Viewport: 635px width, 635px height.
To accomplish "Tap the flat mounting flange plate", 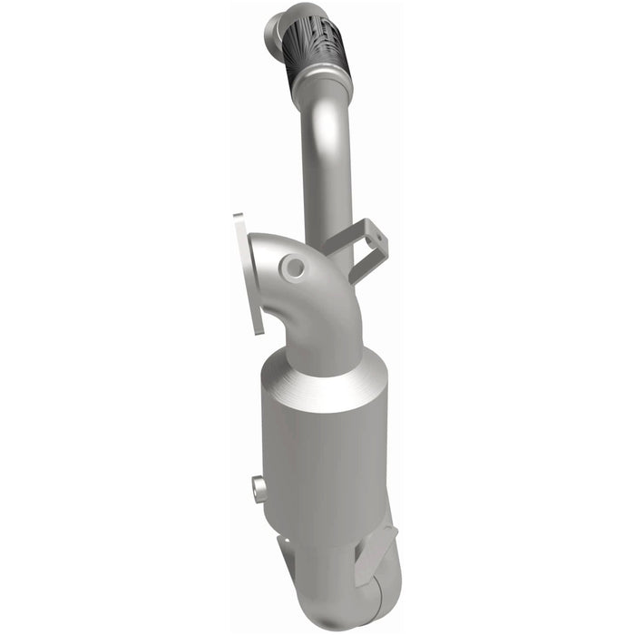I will [247, 272].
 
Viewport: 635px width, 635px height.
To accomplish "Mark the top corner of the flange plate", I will [238, 218].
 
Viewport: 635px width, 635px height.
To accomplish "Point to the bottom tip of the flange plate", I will [259, 330].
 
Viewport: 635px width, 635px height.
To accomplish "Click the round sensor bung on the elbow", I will [293, 267].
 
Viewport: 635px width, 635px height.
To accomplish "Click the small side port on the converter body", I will [260, 490].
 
